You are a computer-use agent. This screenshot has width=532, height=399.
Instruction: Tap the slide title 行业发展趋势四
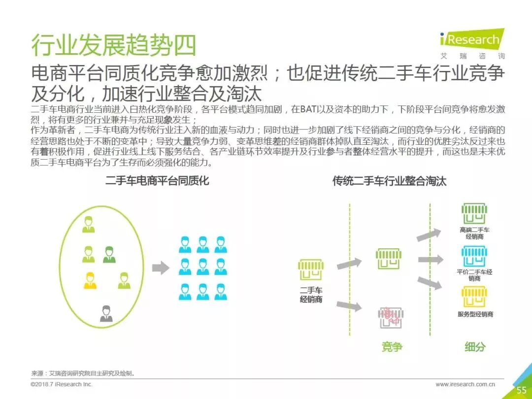(x=114, y=45)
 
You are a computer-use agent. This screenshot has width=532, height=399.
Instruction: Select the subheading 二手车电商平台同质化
(x=157, y=181)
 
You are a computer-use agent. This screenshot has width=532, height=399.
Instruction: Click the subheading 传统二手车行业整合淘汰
(x=389, y=181)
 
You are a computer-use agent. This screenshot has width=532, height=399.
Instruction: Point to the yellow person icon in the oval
(x=90, y=280)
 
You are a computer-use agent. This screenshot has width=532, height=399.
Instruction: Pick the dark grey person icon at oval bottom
(x=106, y=314)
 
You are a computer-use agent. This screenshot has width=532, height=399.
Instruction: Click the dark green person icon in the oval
(x=109, y=255)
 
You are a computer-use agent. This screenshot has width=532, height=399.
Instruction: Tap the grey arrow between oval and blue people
(x=161, y=268)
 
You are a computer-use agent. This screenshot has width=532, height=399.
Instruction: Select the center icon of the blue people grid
(x=203, y=266)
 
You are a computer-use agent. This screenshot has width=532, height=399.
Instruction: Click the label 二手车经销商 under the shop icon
(x=311, y=295)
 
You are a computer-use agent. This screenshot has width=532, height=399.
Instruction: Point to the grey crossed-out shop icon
(x=391, y=318)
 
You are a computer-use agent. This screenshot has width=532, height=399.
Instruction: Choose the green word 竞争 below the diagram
(x=392, y=347)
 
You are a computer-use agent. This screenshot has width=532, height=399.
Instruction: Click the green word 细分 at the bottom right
(x=475, y=347)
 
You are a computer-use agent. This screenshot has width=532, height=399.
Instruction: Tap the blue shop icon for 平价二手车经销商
(x=474, y=256)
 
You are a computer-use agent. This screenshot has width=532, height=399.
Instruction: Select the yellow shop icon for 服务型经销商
(x=474, y=297)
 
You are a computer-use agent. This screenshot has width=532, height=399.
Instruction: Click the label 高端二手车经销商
(x=474, y=233)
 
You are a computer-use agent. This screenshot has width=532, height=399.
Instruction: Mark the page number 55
(x=522, y=390)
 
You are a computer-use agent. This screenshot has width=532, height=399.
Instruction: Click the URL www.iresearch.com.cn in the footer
(x=465, y=384)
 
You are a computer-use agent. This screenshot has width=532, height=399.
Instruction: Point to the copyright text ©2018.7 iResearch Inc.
(x=62, y=384)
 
